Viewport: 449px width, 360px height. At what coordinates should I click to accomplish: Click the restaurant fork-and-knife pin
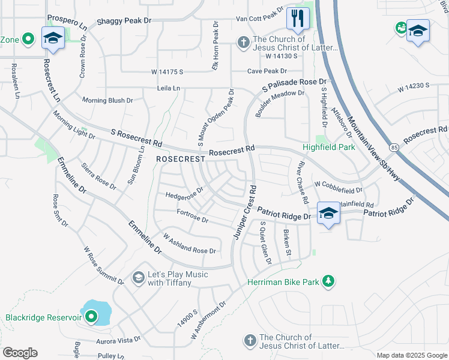297,19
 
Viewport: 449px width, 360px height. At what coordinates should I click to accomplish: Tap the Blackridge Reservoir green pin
91,316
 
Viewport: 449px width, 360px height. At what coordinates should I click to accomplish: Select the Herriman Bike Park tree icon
328,281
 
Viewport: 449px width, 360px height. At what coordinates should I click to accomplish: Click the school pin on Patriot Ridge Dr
328,214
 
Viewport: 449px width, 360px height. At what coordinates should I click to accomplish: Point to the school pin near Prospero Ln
53,38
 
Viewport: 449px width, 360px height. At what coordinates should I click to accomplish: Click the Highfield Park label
328,147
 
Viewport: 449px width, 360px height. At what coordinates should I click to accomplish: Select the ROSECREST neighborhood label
176,159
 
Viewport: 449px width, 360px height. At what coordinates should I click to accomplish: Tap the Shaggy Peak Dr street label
124,20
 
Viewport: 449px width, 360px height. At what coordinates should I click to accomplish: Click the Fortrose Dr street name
192,216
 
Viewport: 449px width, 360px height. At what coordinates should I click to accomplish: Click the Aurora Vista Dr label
118,339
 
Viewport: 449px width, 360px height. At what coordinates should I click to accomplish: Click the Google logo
20,353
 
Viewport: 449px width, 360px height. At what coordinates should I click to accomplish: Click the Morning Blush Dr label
107,100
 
